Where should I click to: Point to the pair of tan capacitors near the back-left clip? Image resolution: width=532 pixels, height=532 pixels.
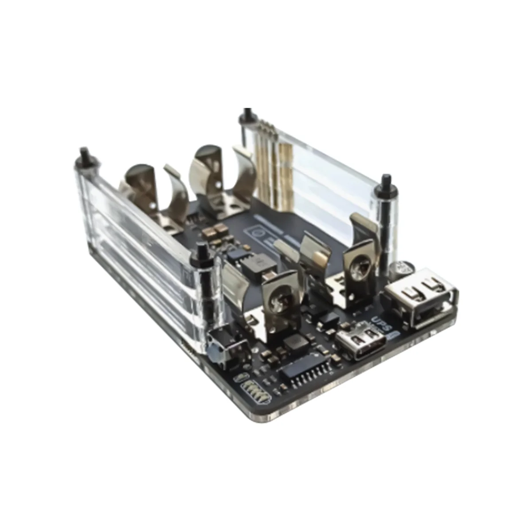(x=212, y=231)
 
